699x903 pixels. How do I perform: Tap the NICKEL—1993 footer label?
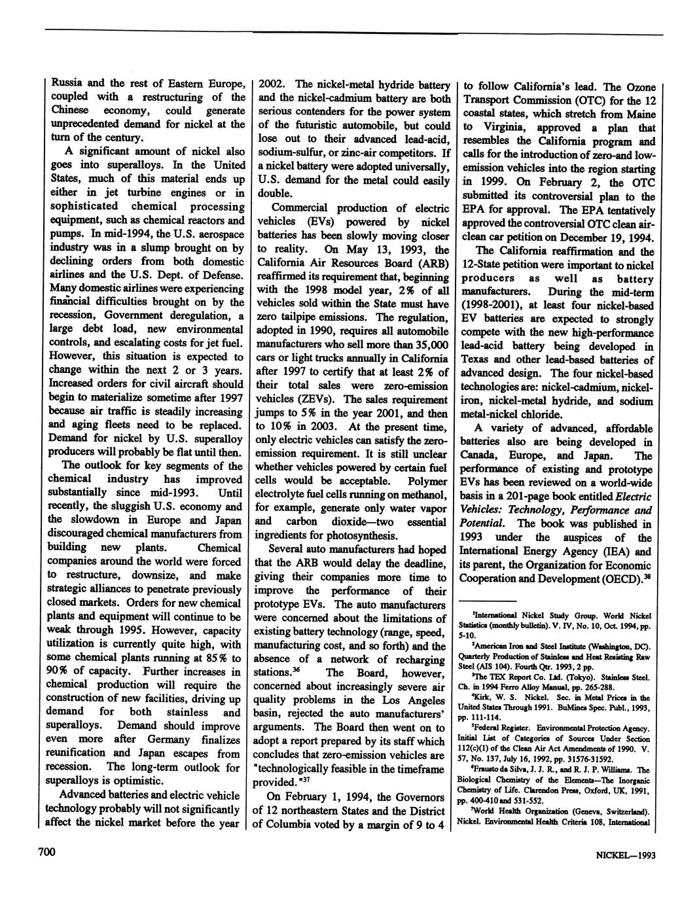coord(625,855)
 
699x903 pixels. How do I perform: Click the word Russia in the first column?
coord(59,84)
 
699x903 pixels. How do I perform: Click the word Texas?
coord(477,360)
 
